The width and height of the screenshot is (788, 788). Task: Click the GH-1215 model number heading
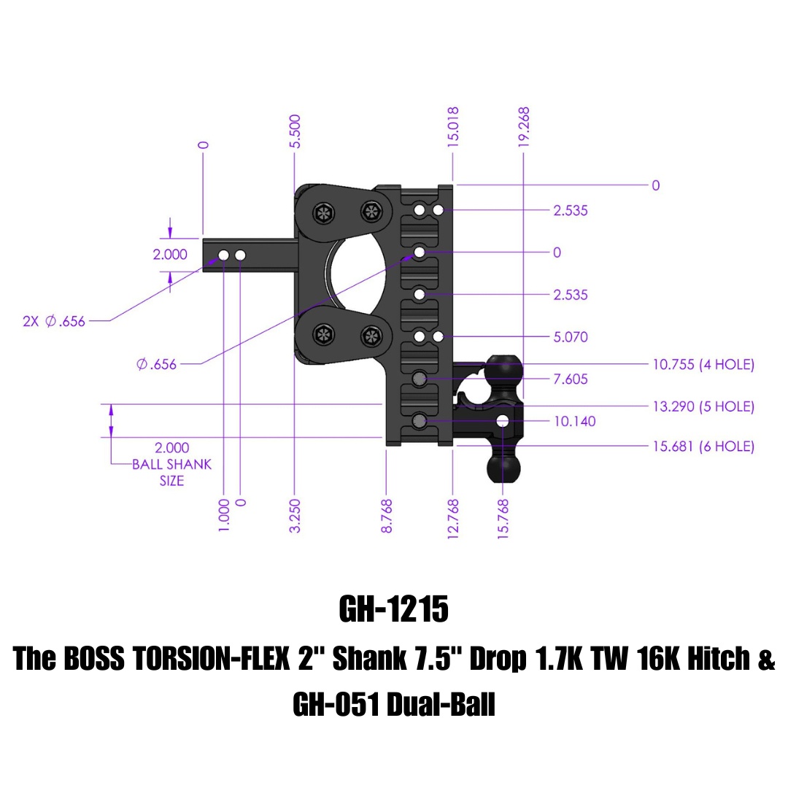(393, 610)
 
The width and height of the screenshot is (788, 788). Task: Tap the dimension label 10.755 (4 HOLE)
(703, 365)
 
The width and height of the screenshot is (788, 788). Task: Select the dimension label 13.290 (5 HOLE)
(703, 406)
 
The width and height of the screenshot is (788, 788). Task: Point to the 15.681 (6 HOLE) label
(703, 447)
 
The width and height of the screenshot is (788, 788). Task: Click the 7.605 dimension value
(571, 379)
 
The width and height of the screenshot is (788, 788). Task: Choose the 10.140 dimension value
(574, 421)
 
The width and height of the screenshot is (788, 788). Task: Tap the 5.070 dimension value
(571, 337)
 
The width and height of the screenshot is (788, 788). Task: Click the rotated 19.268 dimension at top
(523, 128)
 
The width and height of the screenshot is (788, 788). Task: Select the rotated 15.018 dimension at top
(453, 128)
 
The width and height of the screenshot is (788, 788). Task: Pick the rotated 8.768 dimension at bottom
(387, 515)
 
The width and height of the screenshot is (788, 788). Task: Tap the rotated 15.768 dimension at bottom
(503, 517)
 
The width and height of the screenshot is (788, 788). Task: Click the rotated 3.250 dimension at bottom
(295, 515)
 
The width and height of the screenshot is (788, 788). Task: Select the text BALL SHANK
(171, 465)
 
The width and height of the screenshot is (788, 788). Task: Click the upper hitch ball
(503, 369)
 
